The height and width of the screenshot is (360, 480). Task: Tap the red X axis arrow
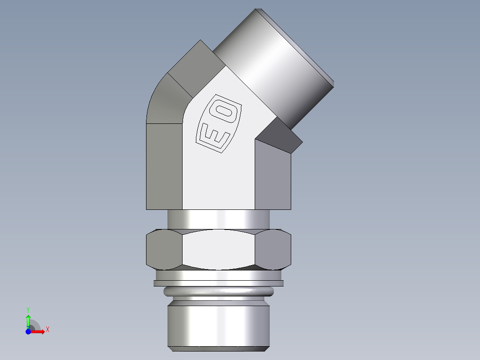click(x=40, y=331)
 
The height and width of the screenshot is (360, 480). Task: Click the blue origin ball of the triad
click(x=28, y=331)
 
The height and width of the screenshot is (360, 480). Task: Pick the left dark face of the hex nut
click(x=164, y=250)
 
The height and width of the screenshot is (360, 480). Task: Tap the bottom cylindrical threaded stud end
click(x=218, y=323)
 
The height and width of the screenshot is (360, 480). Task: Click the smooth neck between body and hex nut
click(x=218, y=219)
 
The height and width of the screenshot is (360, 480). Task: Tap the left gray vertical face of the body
click(x=164, y=167)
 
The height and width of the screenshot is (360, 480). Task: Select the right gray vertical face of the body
click(x=273, y=176)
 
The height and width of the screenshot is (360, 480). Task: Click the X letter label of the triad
click(x=48, y=330)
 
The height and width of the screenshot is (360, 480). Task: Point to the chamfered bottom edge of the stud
click(x=218, y=348)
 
